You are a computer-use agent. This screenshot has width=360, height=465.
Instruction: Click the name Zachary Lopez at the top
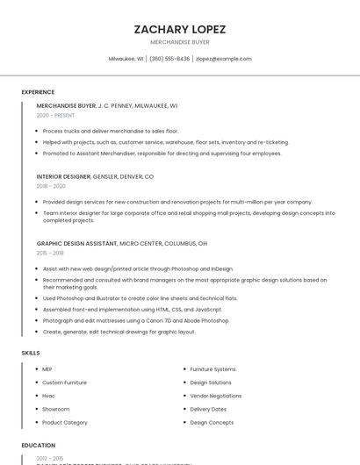coord(179,29)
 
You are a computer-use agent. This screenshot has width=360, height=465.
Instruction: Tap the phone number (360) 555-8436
coord(169,59)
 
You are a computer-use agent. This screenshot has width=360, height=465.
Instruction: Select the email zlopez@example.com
coord(223,59)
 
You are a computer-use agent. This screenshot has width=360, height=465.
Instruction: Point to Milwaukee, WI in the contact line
coord(126,59)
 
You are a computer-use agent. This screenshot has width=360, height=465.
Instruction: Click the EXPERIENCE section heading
coord(38,92)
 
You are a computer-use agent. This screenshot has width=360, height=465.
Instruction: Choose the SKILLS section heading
coord(31,353)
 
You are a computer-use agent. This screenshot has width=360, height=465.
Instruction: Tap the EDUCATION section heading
coord(39,446)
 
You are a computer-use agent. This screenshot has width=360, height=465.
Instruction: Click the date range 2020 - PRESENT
coord(56,115)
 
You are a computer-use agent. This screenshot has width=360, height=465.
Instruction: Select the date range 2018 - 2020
coord(51,186)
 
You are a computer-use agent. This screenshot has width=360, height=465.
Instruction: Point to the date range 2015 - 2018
coord(50,253)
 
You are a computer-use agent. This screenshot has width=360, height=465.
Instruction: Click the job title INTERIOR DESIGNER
coord(63,176)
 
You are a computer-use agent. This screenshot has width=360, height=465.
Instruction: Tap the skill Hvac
coord(48,396)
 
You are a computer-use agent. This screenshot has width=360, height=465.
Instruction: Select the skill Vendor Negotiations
coord(216,396)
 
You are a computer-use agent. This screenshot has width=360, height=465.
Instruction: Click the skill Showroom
coord(55,409)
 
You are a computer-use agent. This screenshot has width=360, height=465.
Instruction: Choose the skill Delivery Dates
coord(208,409)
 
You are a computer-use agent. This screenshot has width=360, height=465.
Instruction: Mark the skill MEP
coord(47,369)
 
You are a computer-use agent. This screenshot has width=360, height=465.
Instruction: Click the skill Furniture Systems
coord(212,369)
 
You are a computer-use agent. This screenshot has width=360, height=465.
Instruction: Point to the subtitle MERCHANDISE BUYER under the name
coord(179,42)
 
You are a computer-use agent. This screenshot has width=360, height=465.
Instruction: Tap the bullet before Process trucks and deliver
coord(37,131)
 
